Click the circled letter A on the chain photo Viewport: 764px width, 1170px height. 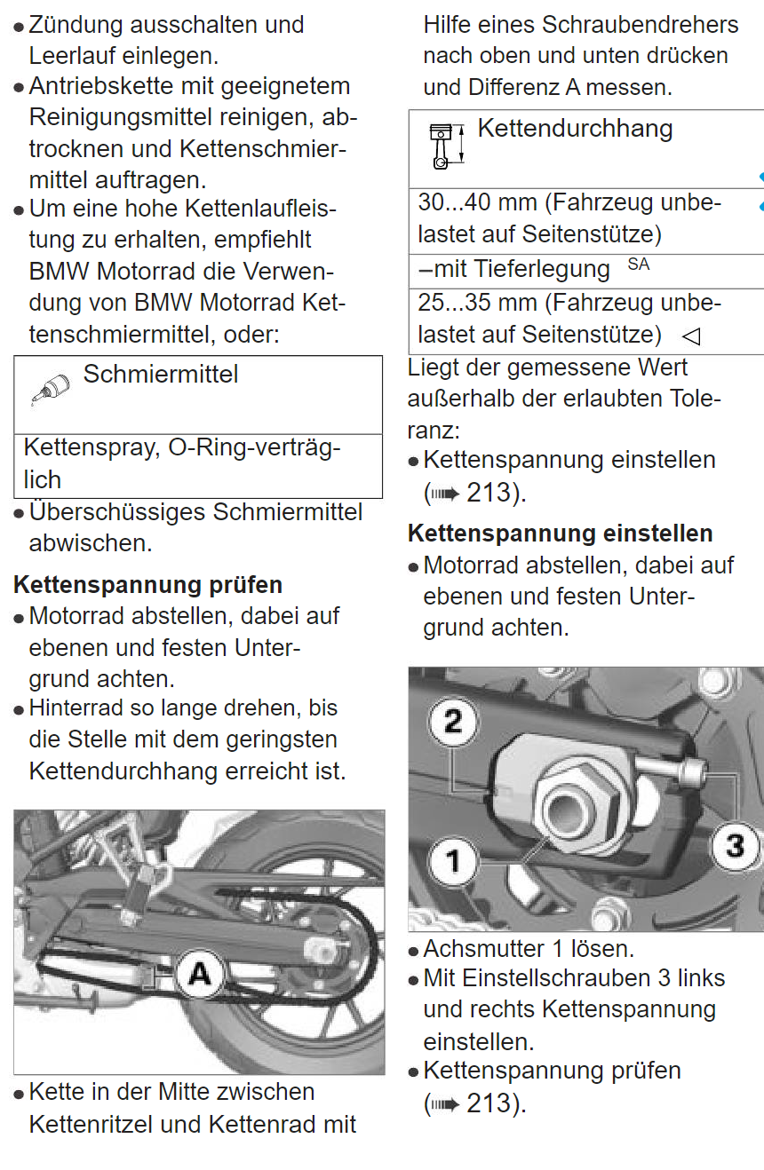201,975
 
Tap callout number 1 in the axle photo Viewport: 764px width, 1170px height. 453,860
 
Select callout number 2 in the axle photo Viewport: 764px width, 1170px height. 453,721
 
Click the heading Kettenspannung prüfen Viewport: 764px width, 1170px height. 148,585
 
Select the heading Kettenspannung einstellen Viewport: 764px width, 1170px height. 560,534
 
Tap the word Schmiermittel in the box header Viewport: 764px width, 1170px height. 161,375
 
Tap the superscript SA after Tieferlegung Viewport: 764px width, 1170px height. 638,265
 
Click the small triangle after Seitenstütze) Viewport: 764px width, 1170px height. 690,336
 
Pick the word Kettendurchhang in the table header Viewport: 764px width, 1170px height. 575,129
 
